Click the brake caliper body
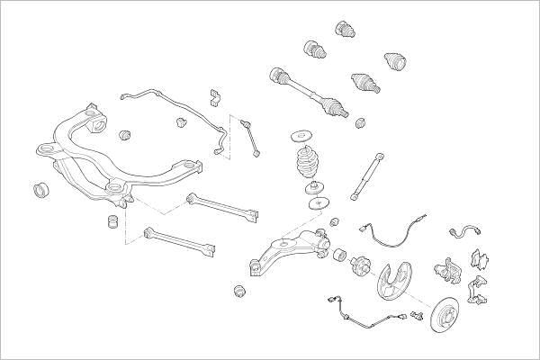(x=445, y=267)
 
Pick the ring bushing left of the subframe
(x=40, y=190)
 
